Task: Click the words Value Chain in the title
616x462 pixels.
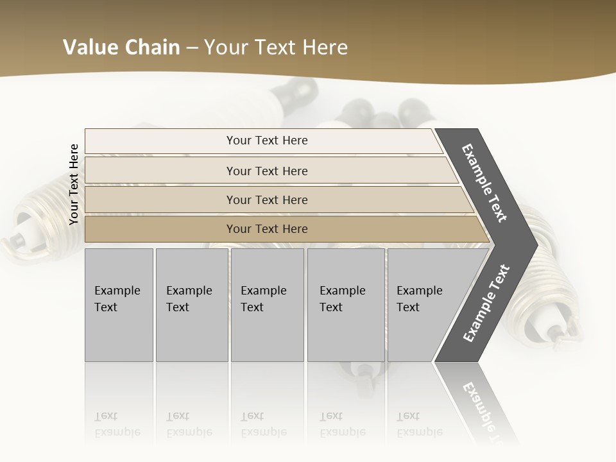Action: click(x=121, y=47)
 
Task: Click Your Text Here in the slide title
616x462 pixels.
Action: click(x=276, y=47)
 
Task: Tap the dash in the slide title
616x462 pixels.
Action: click(x=192, y=48)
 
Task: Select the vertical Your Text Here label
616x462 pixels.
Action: click(x=74, y=185)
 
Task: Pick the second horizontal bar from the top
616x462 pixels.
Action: click(x=266, y=171)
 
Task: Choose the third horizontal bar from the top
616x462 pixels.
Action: click(x=266, y=200)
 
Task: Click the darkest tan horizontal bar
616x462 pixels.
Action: click(x=266, y=229)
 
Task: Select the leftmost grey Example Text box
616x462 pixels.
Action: click(x=119, y=304)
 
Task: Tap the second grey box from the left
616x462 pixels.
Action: click(x=191, y=304)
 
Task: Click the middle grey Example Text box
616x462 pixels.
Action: click(x=267, y=304)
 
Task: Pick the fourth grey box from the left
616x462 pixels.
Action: click(x=345, y=304)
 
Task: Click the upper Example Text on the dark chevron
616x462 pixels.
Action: click(x=484, y=183)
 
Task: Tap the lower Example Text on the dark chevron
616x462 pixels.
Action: click(x=486, y=304)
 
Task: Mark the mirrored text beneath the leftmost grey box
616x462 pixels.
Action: click(x=117, y=424)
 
